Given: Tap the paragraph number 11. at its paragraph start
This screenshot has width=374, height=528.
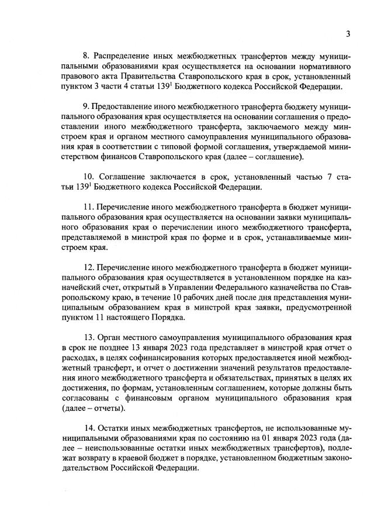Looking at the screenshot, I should (89, 207).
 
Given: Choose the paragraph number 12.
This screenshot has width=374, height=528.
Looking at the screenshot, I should (89, 267).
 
